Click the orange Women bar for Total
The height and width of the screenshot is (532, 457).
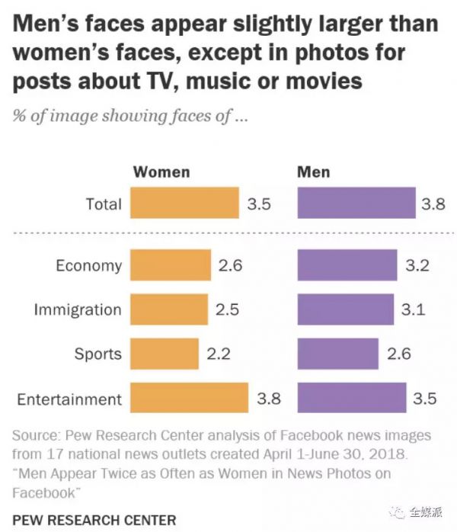tap(184, 204)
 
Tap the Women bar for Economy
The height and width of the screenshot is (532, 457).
tap(171, 265)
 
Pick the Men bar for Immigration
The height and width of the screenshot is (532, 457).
tap(346, 309)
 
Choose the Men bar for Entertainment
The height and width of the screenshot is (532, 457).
tap(351, 399)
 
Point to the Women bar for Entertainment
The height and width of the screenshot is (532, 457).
tap(189, 399)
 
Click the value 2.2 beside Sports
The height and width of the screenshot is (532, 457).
tap(219, 354)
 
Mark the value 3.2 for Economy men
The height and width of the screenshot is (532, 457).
tap(417, 265)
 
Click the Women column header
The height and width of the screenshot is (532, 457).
tap(161, 171)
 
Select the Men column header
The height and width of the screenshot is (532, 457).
tap(313, 171)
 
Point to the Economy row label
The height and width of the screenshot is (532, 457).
tap(88, 265)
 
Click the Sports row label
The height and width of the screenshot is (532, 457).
tap(97, 354)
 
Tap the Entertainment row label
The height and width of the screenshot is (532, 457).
tap(69, 399)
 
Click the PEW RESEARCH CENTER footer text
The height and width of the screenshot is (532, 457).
tap(94, 521)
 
